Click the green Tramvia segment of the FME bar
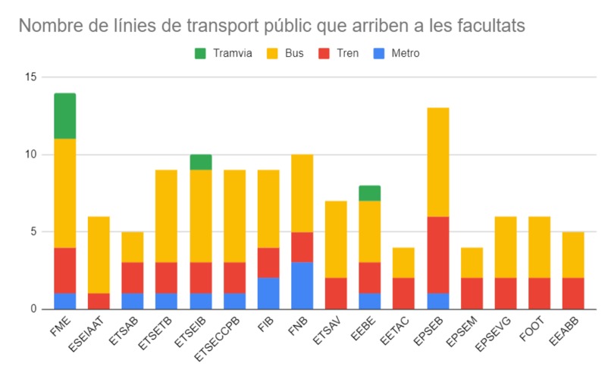coord(64,116)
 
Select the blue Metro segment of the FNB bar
coord(301,286)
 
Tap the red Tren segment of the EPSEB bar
coord(437,255)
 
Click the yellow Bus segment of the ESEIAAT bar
coord(99,255)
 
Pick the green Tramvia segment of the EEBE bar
coord(369,193)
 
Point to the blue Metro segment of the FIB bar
coord(268,293)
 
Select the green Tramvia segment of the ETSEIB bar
coord(200,162)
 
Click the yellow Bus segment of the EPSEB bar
coord(437,162)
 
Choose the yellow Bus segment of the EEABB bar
coord(573,255)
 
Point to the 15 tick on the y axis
coord(30,77)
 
